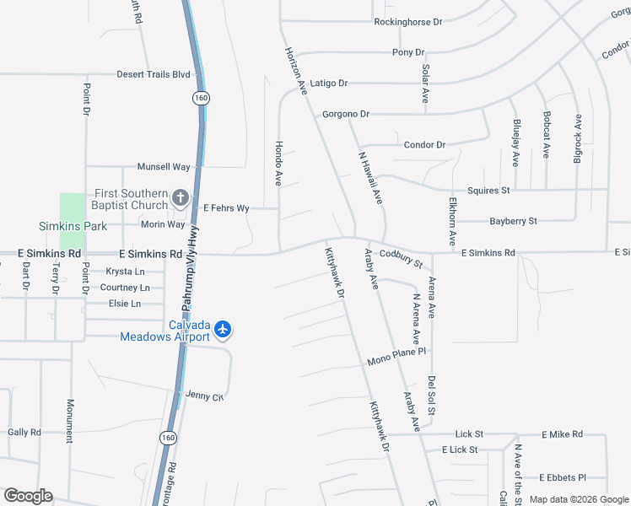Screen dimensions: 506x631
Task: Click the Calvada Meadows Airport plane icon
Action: pyautogui.click(x=223, y=328)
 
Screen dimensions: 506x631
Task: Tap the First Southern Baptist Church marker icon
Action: pyautogui.click(x=180, y=198)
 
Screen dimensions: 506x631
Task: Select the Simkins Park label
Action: pyautogui.click(x=73, y=226)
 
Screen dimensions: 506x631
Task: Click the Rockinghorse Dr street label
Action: pyautogui.click(x=408, y=21)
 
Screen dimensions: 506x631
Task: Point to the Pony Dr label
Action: pyautogui.click(x=408, y=52)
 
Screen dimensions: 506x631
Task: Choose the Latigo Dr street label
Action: pyautogui.click(x=329, y=83)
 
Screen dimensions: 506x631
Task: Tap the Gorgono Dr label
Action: pyautogui.click(x=346, y=114)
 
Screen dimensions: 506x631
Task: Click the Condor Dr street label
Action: pyautogui.click(x=424, y=145)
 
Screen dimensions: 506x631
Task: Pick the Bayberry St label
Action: pyautogui.click(x=514, y=221)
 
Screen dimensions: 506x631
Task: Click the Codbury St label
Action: pyautogui.click(x=401, y=257)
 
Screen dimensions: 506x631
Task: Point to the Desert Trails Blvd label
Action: pyautogui.click(x=154, y=74)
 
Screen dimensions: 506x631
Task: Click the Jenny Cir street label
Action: pyautogui.click(x=205, y=396)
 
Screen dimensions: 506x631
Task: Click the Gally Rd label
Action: pyautogui.click(x=24, y=432)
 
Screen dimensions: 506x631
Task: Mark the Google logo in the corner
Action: pyautogui.click(x=28, y=496)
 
